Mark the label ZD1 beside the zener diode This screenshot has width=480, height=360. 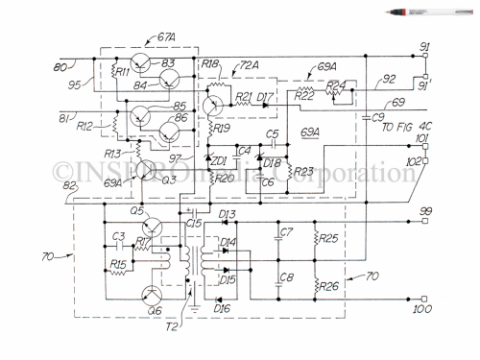coord(219,159)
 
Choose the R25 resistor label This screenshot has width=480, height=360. coord(327,236)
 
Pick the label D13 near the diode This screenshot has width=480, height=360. coord(228,213)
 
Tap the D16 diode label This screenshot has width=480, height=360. coord(223,309)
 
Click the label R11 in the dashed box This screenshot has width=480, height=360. coord(122,70)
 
